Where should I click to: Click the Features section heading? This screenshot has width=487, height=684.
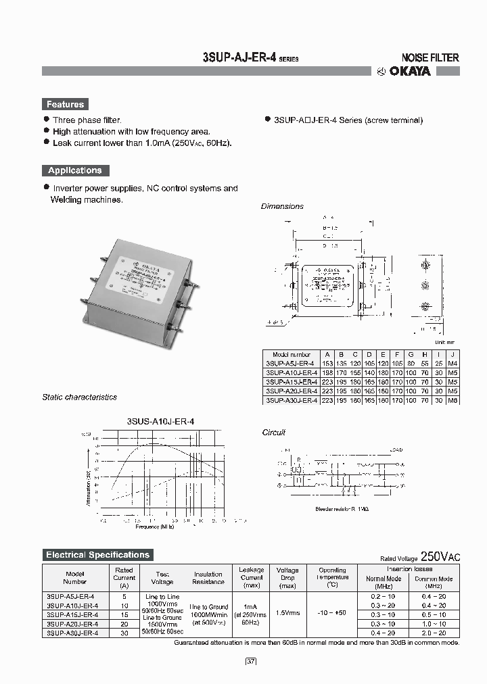[65, 104]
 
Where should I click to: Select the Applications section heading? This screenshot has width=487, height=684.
[74, 170]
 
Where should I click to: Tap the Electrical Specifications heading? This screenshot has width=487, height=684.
[97, 555]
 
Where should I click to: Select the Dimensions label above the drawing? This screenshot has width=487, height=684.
[282, 206]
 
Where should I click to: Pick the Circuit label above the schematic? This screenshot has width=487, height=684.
[273, 432]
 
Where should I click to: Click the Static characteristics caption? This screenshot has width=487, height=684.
[79, 397]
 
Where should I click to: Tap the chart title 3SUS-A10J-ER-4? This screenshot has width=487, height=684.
[160, 421]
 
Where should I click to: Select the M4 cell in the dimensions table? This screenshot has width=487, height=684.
[453, 363]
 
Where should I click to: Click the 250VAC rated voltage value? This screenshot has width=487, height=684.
[440, 557]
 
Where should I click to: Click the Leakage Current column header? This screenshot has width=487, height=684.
[252, 574]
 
